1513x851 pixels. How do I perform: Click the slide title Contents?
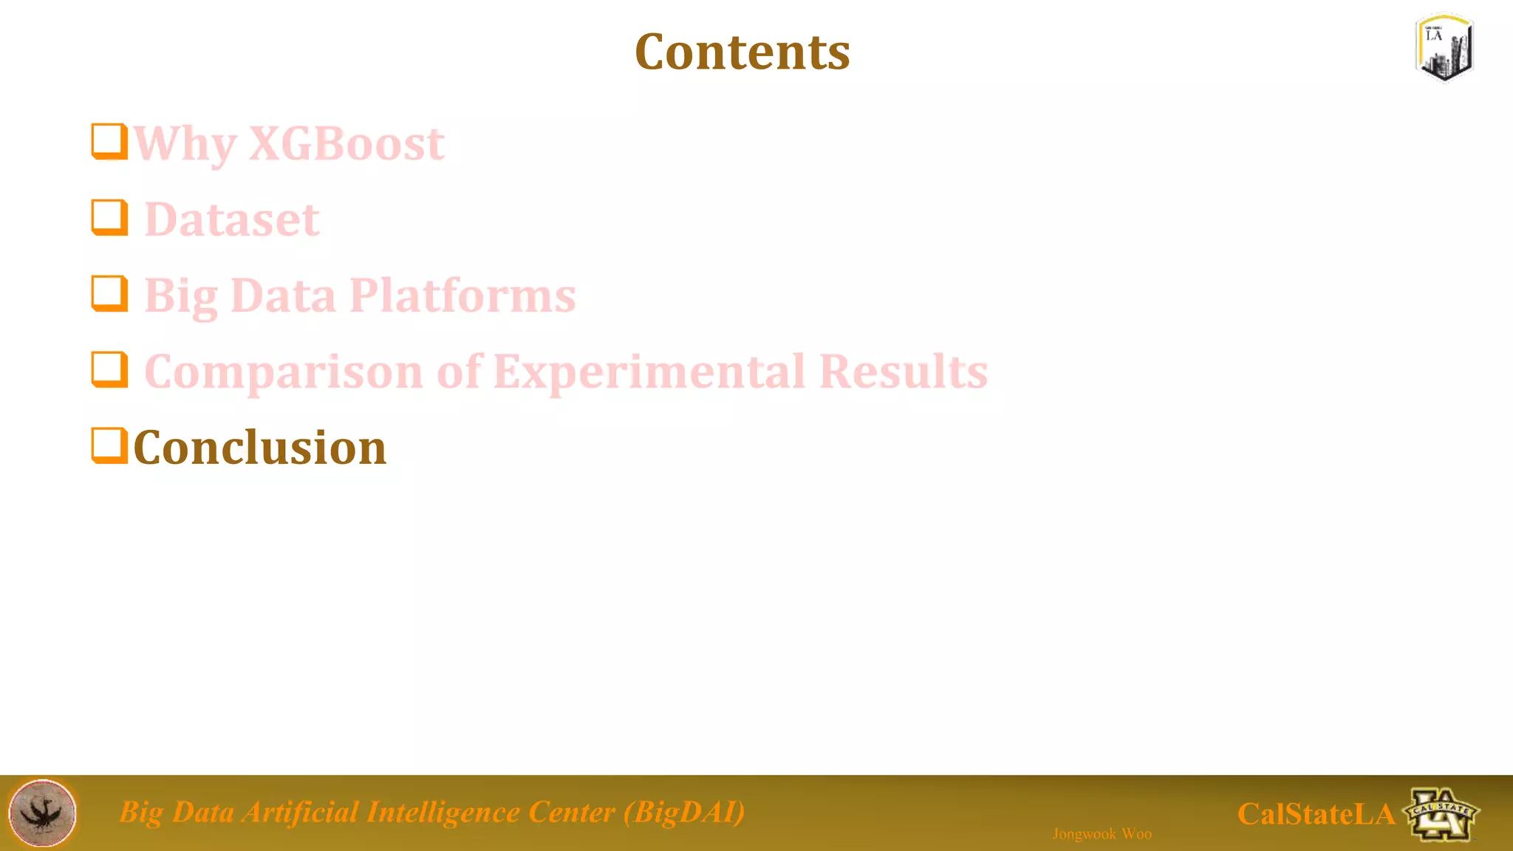[x=742, y=52]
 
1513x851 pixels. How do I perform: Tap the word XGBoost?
[x=346, y=143]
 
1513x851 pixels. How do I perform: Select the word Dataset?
[x=232, y=219]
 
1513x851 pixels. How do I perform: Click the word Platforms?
[x=462, y=295]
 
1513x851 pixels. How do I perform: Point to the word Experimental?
[x=649, y=371]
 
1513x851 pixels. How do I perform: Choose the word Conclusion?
[x=260, y=448]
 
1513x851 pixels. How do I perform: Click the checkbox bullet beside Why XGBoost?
[x=109, y=141]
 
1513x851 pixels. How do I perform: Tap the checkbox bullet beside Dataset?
[x=109, y=217]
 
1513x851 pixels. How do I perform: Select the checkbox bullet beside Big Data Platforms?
[x=109, y=293]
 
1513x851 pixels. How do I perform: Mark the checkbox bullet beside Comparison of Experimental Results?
[x=109, y=369]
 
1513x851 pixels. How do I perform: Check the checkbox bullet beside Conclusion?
[x=109, y=445]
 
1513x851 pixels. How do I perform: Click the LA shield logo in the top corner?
[x=1444, y=48]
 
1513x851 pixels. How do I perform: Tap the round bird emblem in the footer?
[x=42, y=813]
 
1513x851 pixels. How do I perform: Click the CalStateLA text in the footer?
[x=1316, y=814]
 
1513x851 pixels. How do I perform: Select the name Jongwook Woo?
[x=1102, y=834]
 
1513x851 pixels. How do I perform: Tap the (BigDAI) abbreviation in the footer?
[x=684, y=812]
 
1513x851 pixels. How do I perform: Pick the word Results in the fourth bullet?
[x=903, y=371]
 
